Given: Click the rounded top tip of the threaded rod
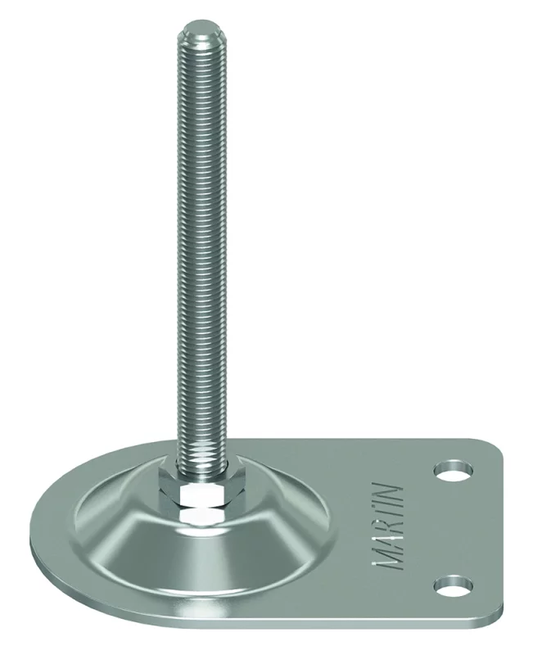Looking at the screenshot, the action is click(x=201, y=26).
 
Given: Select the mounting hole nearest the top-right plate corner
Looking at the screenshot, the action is click(x=453, y=471).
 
